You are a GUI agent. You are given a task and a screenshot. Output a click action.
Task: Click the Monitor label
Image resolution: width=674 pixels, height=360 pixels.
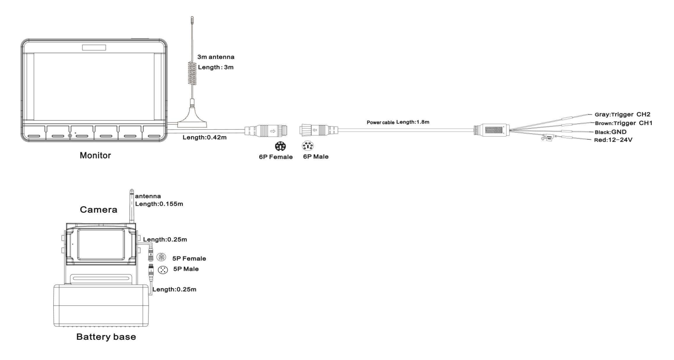pyautogui.click(x=95, y=156)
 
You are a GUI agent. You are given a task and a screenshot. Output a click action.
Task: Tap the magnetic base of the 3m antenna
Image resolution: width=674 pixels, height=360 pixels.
pyautogui.click(x=192, y=119)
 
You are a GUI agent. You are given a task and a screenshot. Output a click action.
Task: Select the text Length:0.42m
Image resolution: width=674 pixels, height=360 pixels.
pyautogui.click(x=205, y=137)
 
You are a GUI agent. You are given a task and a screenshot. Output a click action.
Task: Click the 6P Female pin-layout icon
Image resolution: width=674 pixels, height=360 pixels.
pyautogui.click(x=280, y=146)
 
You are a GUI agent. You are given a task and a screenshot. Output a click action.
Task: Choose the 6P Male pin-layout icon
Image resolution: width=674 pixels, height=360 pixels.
pyautogui.click(x=307, y=146)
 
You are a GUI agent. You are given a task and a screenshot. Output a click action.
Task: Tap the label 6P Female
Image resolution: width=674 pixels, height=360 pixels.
pyautogui.click(x=276, y=157)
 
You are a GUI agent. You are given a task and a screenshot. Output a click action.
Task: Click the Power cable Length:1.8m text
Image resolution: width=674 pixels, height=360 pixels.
pyautogui.click(x=398, y=122)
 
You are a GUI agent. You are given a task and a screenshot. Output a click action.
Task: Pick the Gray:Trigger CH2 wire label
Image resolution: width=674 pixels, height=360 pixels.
pyautogui.click(x=622, y=114)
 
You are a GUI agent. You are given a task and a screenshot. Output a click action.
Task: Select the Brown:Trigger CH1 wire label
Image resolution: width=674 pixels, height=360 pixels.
pyautogui.click(x=623, y=123)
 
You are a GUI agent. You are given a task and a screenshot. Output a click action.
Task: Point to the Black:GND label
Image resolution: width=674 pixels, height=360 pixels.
pyautogui.click(x=610, y=132)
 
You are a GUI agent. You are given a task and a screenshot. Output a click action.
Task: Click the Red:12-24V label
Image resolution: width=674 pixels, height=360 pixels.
pyautogui.click(x=613, y=140)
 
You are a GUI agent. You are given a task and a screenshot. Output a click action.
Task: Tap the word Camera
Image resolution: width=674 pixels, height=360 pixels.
pyautogui.click(x=98, y=210)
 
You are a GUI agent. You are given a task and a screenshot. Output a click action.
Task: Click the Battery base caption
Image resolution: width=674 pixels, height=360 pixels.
pyautogui.click(x=106, y=337)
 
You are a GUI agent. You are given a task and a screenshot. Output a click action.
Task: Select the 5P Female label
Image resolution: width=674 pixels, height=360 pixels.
pyautogui.click(x=189, y=259)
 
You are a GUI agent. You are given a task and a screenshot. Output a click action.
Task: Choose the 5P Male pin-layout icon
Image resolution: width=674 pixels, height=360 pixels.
pyautogui.click(x=163, y=270)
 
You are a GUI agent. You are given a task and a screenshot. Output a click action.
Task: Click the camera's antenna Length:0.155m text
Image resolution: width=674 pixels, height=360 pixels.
pyautogui.click(x=159, y=204)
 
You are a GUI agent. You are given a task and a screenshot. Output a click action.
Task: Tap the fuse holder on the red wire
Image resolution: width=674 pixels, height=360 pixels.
pyautogui.click(x=547, y=138)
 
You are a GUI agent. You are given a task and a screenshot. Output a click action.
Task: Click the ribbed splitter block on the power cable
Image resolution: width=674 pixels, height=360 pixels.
pyautogui.click(x=492, y=130)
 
